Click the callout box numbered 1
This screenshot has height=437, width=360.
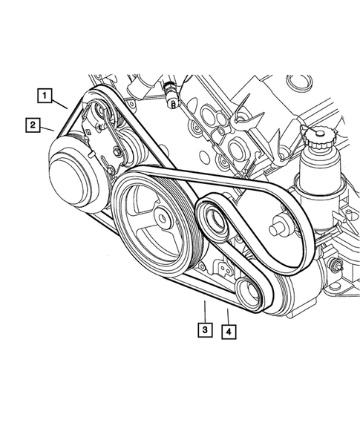coord(47,95)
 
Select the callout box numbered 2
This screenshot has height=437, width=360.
coord(33,125)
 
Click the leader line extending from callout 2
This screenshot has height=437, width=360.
coord(48,130)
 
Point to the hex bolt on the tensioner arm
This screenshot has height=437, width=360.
coord(117,154)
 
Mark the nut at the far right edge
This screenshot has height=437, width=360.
coord(338,266)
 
